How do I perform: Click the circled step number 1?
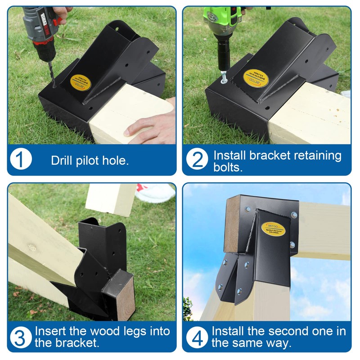tap(21, 160)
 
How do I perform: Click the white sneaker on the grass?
tap(155, 193)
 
